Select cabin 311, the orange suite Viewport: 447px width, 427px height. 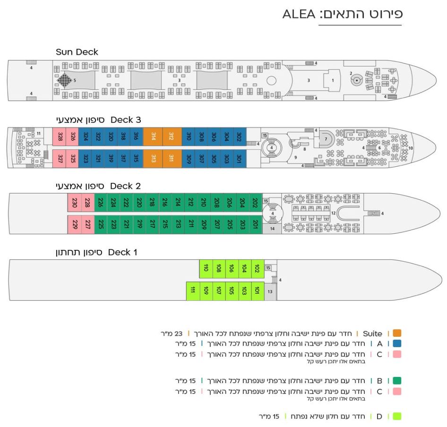coord(172,158)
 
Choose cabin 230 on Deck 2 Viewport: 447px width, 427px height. coord(75,203)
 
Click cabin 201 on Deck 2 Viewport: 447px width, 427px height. coord(256,224)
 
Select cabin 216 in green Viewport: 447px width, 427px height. coord(165,203)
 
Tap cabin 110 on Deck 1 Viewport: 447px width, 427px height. coord(206,269)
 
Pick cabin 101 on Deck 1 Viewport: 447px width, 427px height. coord(257,290)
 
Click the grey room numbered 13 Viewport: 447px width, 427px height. coord(270,291)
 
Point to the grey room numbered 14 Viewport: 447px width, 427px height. coord(272,229)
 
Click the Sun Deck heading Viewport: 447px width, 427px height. coord(77,52)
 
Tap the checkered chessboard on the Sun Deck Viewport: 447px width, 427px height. coord(64,80)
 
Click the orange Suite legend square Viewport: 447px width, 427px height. coord(396,333)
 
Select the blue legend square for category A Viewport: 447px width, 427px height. coord(396,344)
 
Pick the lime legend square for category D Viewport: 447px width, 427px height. coord(396,416)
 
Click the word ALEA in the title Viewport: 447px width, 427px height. coord(299,14)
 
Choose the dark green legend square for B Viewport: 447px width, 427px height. coord(396,380)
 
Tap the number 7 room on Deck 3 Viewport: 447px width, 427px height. coord(325,139)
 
